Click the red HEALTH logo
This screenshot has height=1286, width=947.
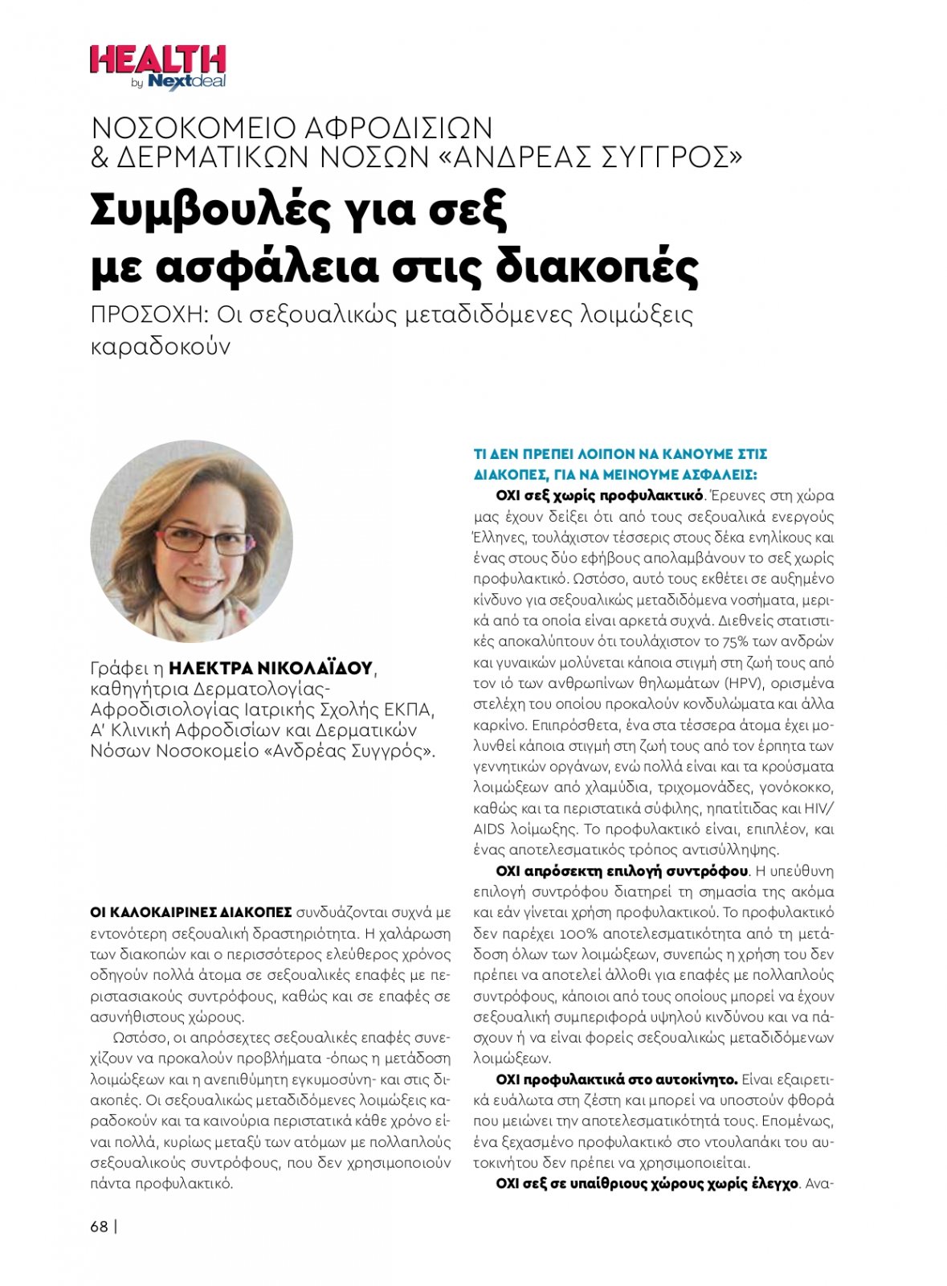pyautogui.click(x=157, y=60)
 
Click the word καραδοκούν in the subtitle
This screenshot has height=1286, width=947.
pyautogui.click(x=161, y=346)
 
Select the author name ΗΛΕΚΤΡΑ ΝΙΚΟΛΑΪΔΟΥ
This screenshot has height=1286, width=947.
pyautogui.click(x=271, y=668)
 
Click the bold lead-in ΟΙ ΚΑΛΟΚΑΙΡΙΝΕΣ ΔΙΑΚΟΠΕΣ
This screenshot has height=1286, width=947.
pyautogui.click(x=191, y=912)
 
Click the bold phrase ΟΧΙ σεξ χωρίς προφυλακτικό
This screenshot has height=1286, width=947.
pyautogui.click(x=599, y=495)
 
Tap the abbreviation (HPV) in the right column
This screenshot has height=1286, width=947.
pyautogui.click(x=747, y=683)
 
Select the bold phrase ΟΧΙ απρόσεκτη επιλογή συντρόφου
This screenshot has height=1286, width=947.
pyautogui.click(x=622, y=871)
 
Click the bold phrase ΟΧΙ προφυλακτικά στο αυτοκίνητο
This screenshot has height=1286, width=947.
pyautogui.click(x=616, y=1079)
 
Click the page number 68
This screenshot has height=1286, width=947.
pyautogui.click(x=100, y=1227)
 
